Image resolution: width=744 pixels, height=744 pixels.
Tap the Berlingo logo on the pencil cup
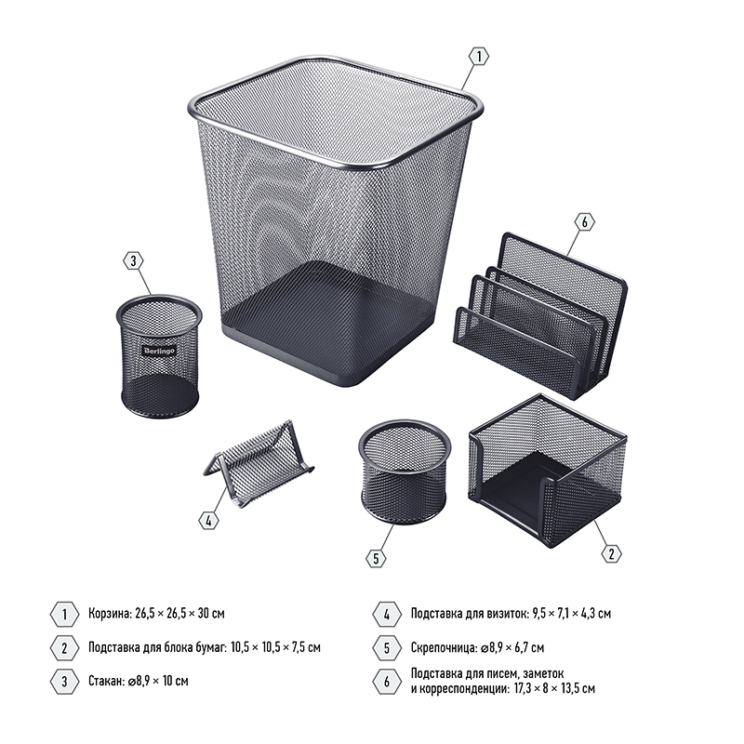pyautogui.click(x=159, y=351)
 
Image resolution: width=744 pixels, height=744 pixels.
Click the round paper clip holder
pyautogui.click(x=405, y=468)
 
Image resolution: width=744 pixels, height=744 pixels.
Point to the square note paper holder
pyautogui.click(x=547, y=470)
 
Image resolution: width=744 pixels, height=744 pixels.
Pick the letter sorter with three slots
pyautogui.click(x=540, y=315)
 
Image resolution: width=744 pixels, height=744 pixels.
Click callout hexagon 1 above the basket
pyautogui.click(x=479, y=57)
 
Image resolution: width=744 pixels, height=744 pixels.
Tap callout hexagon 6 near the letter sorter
pyautogui.click(x=584, y=221)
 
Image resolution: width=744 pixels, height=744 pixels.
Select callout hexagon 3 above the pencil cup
pyautogui.click(x=133, y=260)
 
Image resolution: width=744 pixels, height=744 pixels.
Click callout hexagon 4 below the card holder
pyautogui.click(x=208, y=521)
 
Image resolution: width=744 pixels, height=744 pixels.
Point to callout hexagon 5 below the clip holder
pyautogui.click(x=376, y=558)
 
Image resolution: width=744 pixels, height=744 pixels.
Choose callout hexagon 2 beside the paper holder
pyautogui.click(x=611, y=553)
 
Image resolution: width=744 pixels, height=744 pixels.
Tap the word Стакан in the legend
pyautogui.click(x=105, y=681)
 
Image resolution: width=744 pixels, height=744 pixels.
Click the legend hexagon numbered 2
pyautogui.click(x=64, y=647)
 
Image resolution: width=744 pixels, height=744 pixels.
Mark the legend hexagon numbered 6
pyautogui.click(x=387, y=682)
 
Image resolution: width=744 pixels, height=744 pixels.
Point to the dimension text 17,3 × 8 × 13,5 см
pyautogui.click(x=554, y=688)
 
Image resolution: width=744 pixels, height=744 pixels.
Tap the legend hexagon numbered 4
pyautogui.click(x=387, y=615)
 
